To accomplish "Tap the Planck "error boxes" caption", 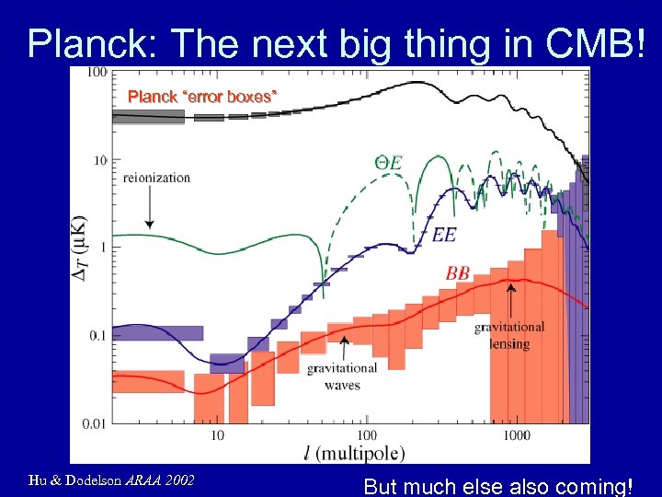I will tap(201, 96).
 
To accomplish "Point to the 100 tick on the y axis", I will tap(96, 72).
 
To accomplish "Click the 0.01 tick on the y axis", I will tap(92, 424).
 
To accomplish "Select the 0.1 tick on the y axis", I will tap(96, 336).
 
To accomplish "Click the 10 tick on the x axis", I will tap(218, 435).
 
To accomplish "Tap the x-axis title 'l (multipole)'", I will tap(353, 452).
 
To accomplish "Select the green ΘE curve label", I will tap(388, 163).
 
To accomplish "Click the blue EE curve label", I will tap(443, 236).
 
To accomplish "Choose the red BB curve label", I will tap(457, 273).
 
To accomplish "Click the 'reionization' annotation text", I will tap(156, 178).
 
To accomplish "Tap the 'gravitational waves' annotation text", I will tap(341, 376).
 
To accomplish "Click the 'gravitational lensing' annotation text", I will tap(508, 335).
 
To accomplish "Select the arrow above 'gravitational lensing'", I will tap(510, 300).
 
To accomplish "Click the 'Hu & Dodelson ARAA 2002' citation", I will tap(111, 480).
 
